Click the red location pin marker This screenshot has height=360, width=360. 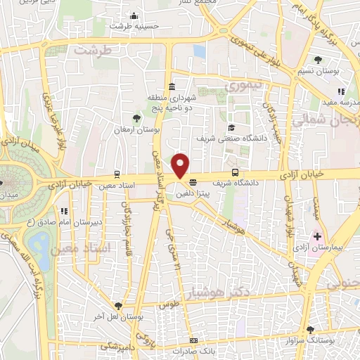click(x=181, y=165)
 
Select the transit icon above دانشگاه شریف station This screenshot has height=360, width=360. click(x=236, y=172)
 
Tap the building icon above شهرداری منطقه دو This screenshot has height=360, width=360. click(x=172, y=86)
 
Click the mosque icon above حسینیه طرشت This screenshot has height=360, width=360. click(x=134, y=16)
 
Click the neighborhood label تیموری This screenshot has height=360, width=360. click(x=243, y=86)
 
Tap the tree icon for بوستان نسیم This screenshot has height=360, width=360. click(x=319, y=59)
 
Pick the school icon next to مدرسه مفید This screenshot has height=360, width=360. click(x=341, y=91)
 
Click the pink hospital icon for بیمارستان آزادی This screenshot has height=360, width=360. click(x=318, y=236)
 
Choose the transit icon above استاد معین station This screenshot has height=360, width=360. click(x=116, y=173)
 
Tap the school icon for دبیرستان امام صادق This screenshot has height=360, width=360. click(x=65, y=211)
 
